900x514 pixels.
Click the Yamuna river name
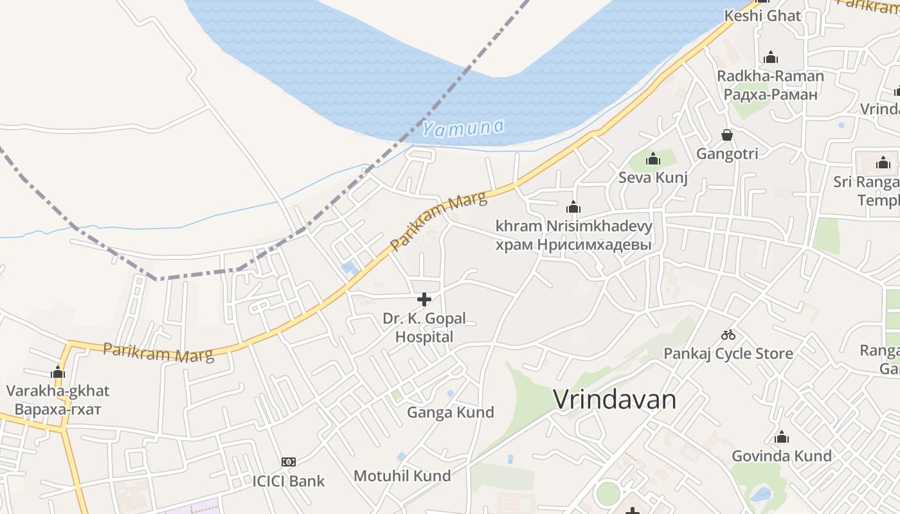(463, 128)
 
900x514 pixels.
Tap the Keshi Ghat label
(762, 15)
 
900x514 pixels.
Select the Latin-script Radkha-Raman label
(770, 76)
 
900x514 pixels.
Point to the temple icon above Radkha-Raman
(771, 58)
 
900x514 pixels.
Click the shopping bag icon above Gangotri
(727, 135)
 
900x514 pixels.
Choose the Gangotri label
(727, 154)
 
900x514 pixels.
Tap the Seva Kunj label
(652, 177)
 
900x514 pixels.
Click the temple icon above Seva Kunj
(652, 159)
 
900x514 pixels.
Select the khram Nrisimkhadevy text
(573, 226)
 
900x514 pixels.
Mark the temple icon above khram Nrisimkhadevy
(573, 207)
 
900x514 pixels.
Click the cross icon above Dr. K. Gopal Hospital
(424, 299)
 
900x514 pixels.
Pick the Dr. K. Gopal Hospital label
(424, 327)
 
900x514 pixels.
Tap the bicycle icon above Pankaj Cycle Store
(728, 335)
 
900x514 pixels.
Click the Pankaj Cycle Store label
(728, 353)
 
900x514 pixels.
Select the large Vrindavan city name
(615, 400)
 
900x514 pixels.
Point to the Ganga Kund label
(450, 412)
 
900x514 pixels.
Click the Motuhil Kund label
(402, 476)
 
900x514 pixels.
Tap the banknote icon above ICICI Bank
(289, 462)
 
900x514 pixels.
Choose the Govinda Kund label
(781, 456)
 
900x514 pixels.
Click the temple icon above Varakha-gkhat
(58, 372)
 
